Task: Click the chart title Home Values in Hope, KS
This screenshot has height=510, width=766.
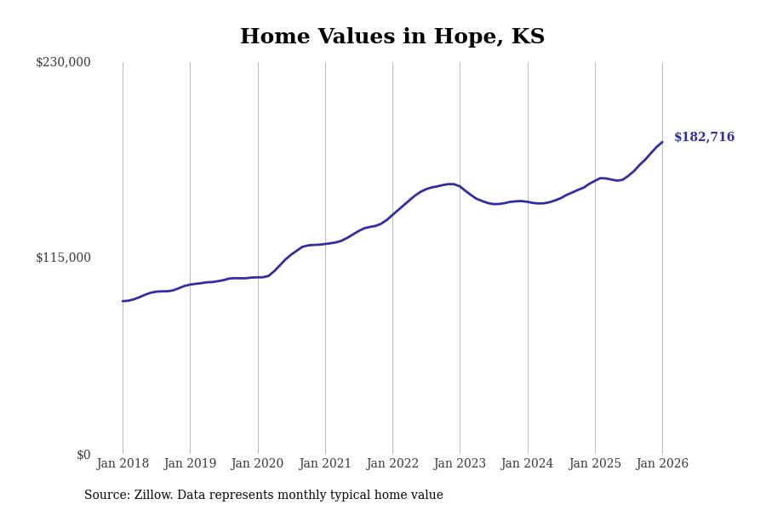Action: click(x=392, y=37)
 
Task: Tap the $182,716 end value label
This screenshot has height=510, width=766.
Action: click(x=704, y=138)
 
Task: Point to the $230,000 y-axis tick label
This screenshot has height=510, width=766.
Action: click(x=63, y=62)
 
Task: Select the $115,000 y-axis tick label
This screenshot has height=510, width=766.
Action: click(x=63, y=258)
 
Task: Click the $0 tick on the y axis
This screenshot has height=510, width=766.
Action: click(x=83, y=455)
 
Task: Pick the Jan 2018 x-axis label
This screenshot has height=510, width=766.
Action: click(x=123, y=464)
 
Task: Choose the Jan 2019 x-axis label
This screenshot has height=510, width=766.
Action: click(x=190, y=464)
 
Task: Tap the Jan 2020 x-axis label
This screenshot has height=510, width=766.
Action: click(x=257, y=464)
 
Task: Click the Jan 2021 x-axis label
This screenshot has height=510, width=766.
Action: click(x=325, y=464)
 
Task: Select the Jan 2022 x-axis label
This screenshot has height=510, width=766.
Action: click(x=392, y=464)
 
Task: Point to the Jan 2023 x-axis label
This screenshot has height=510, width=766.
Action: click(x=460, y=464)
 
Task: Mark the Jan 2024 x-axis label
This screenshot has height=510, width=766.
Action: click(x=527, y=464)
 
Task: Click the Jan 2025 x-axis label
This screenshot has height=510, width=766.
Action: click(x=595, y=464)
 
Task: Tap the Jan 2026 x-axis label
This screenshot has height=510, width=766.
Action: click(x=662, y=464)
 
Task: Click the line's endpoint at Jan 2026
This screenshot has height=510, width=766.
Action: click(x=662, y=142)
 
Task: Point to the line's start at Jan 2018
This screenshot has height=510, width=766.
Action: click(x=123, y=301)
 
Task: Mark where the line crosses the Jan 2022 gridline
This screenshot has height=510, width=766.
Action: click(x=392, y=214)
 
